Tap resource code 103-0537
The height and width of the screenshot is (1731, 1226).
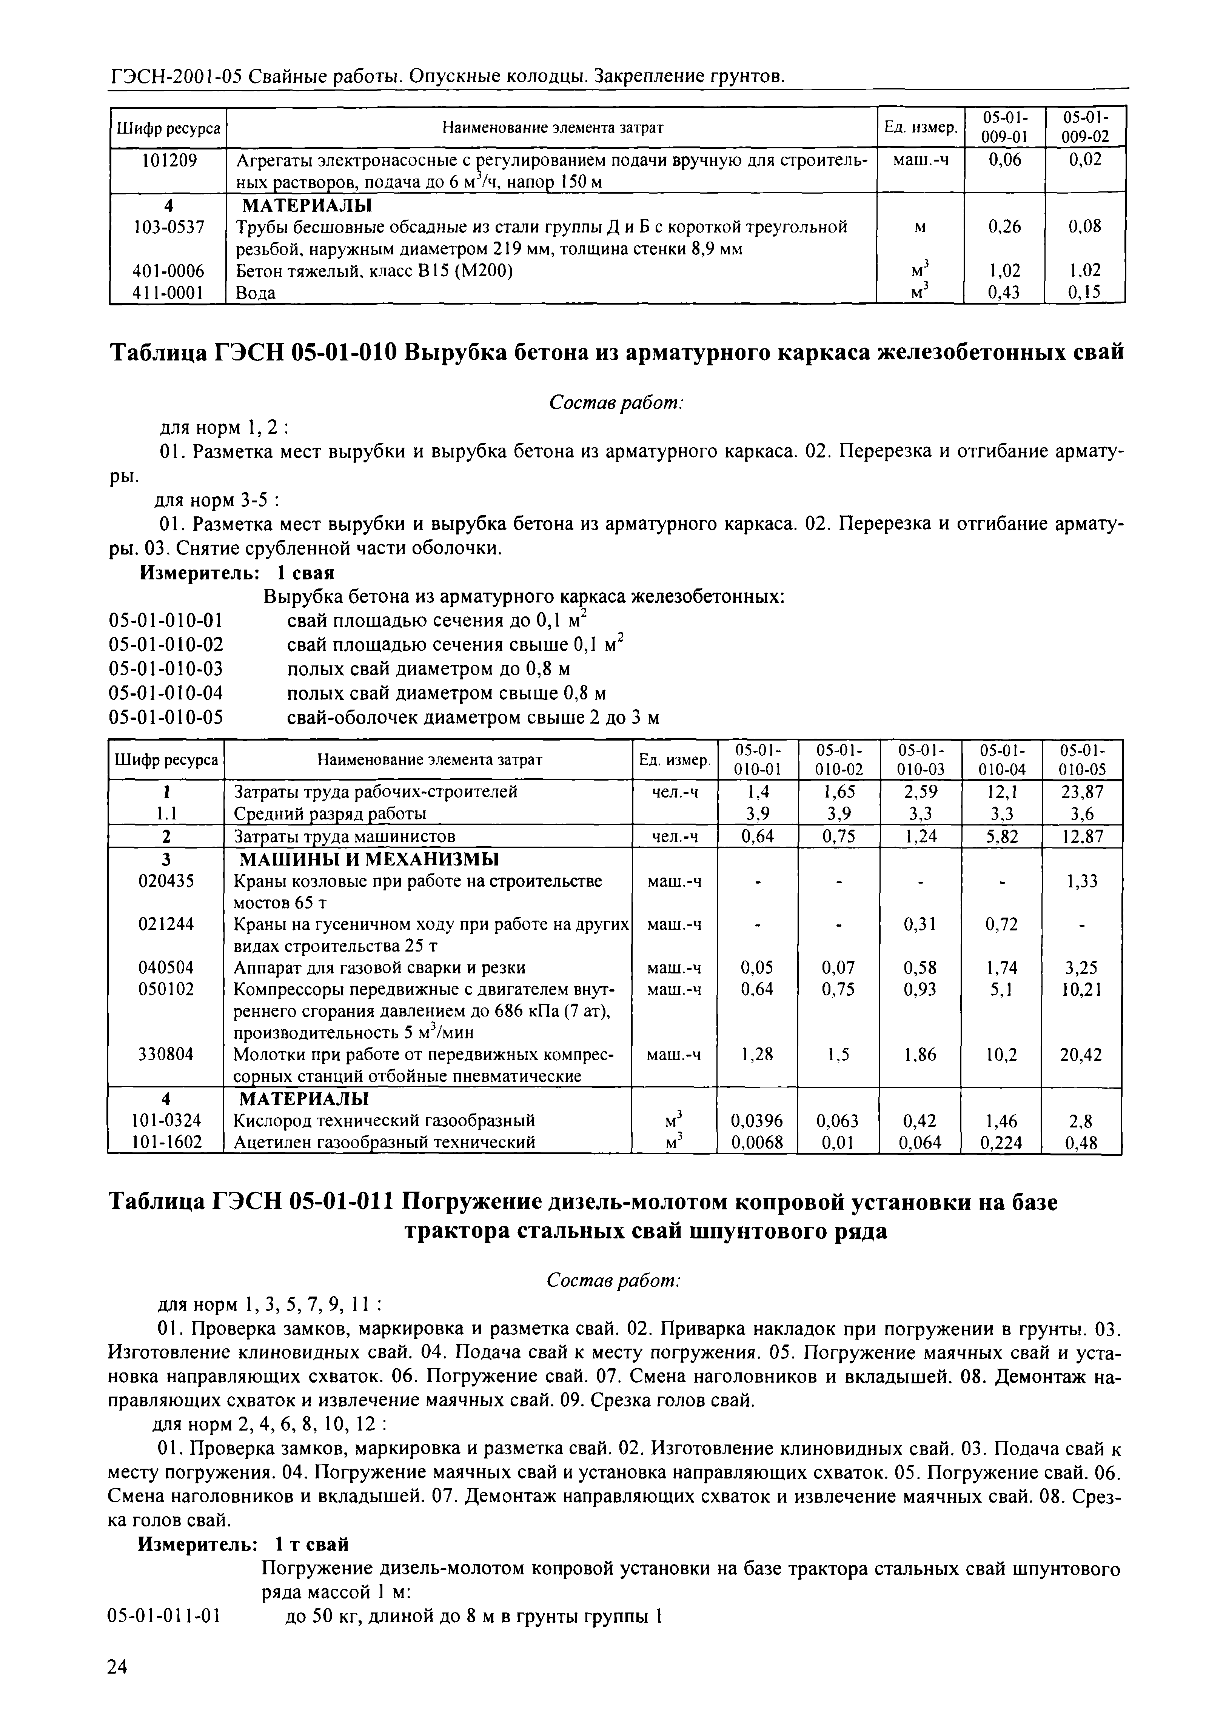[x=168, y=226]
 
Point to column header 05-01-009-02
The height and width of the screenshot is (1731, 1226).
[x=1085, y=127]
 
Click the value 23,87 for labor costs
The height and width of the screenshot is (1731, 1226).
[x=1082, y=792]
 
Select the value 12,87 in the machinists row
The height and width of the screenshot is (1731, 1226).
[x=1082, y=836]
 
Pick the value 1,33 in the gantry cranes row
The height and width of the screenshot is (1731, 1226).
[x=1082, y=881]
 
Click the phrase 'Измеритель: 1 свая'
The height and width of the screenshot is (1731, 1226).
[x=237, y=572]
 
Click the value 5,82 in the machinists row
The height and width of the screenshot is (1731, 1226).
[x=1001, y=836]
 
